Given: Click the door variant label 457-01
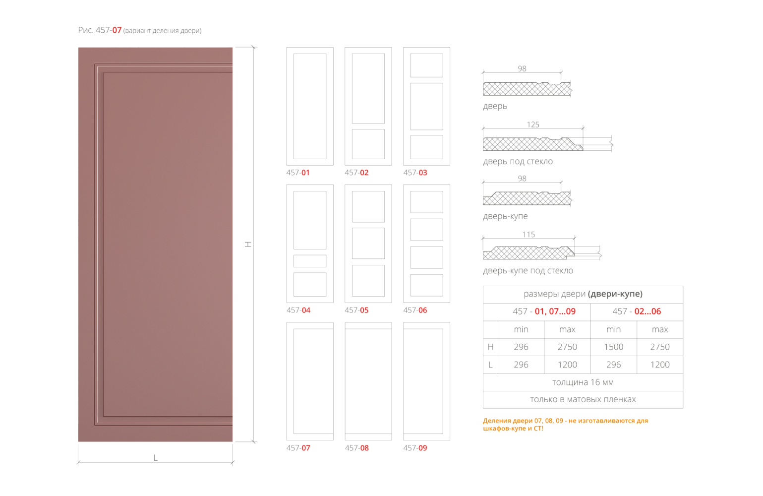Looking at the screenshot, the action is (x=298, y=173).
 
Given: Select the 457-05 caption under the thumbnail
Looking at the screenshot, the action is (x=356, y=310).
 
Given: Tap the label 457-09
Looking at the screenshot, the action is (x=415, y=448).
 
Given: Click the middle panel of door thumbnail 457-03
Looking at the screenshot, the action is (x=426, y=106).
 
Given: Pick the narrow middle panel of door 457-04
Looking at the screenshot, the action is (x=310, y=261).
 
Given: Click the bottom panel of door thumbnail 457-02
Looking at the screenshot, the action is (x=368, y=144).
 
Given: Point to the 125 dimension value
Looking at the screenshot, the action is (x=533, y=125).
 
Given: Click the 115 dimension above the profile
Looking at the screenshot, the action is (x=528, y=235).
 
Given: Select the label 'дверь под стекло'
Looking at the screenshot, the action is (x=518, y=162).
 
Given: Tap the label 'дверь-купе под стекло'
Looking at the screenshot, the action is (x=528, y=271).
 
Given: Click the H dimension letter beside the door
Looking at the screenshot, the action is (x=248, y=244).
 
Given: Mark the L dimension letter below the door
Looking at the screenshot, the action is (x=155, y=458).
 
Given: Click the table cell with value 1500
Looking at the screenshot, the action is (x=613, y=347).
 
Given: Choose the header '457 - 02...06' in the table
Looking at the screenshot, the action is (x=637, y=311).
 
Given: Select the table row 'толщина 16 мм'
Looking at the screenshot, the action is (x=583, y=382).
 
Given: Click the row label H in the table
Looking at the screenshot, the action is (x=490, y=347).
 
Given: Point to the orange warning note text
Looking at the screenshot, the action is (x=566, y=425).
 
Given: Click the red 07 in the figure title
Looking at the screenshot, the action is (x=117, y=30).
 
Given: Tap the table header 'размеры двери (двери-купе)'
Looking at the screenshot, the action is (x=583, y=294).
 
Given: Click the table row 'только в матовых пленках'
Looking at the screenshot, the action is (x=583, y=399).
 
